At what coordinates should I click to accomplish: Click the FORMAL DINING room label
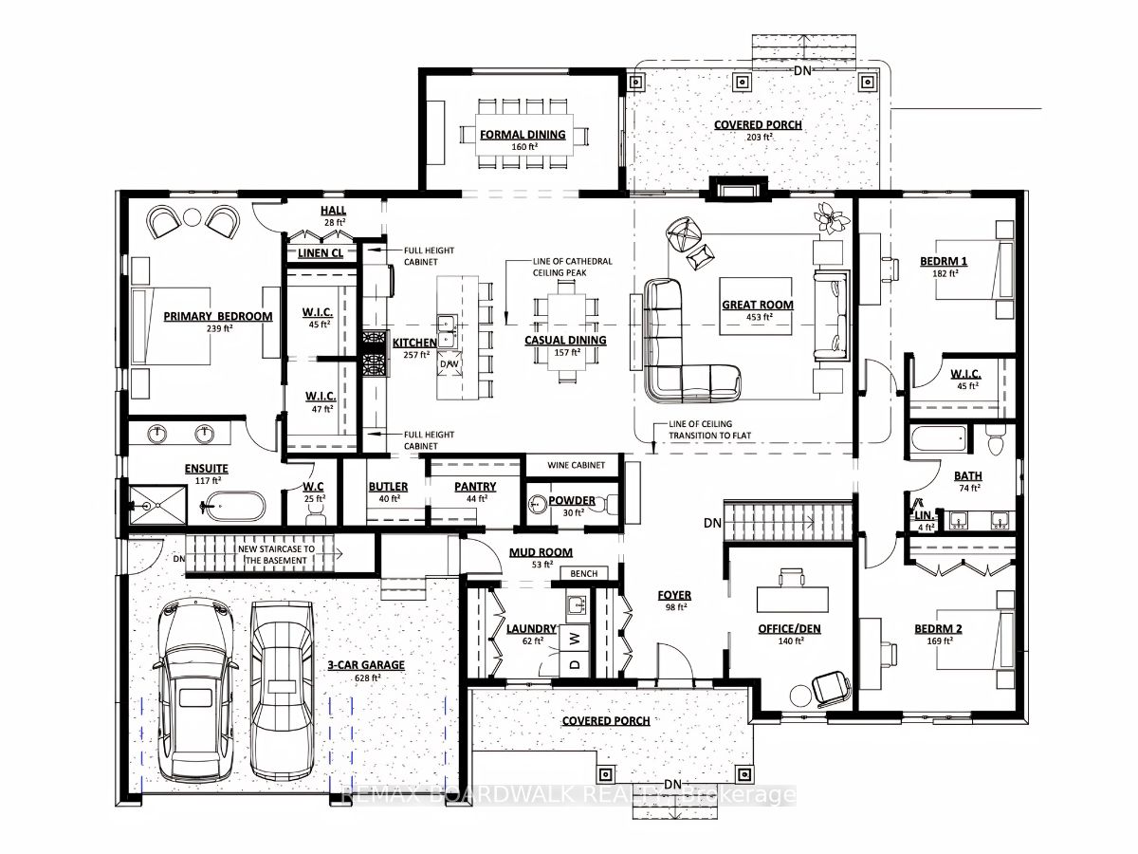coord(523,134)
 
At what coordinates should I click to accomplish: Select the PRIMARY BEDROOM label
coord(217,316)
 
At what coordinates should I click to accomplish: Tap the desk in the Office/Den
coord(793,600)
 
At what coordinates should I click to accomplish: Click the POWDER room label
coord(572,500)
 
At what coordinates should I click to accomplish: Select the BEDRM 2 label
coord(939,629)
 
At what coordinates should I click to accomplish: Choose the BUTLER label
coord(389,486)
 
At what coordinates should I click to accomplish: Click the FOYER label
coord(675,595)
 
